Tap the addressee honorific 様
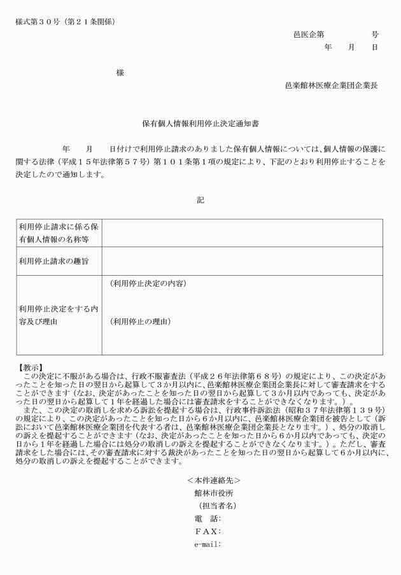[120, 73]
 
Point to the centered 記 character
[200, 199]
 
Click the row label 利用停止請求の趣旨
[53, 260]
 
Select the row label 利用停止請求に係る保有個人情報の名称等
[58, 232]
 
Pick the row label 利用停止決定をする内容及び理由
[58, 315]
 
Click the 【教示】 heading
[31, 367]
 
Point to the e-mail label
[207, 544]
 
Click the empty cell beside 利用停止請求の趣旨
[242, 260]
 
